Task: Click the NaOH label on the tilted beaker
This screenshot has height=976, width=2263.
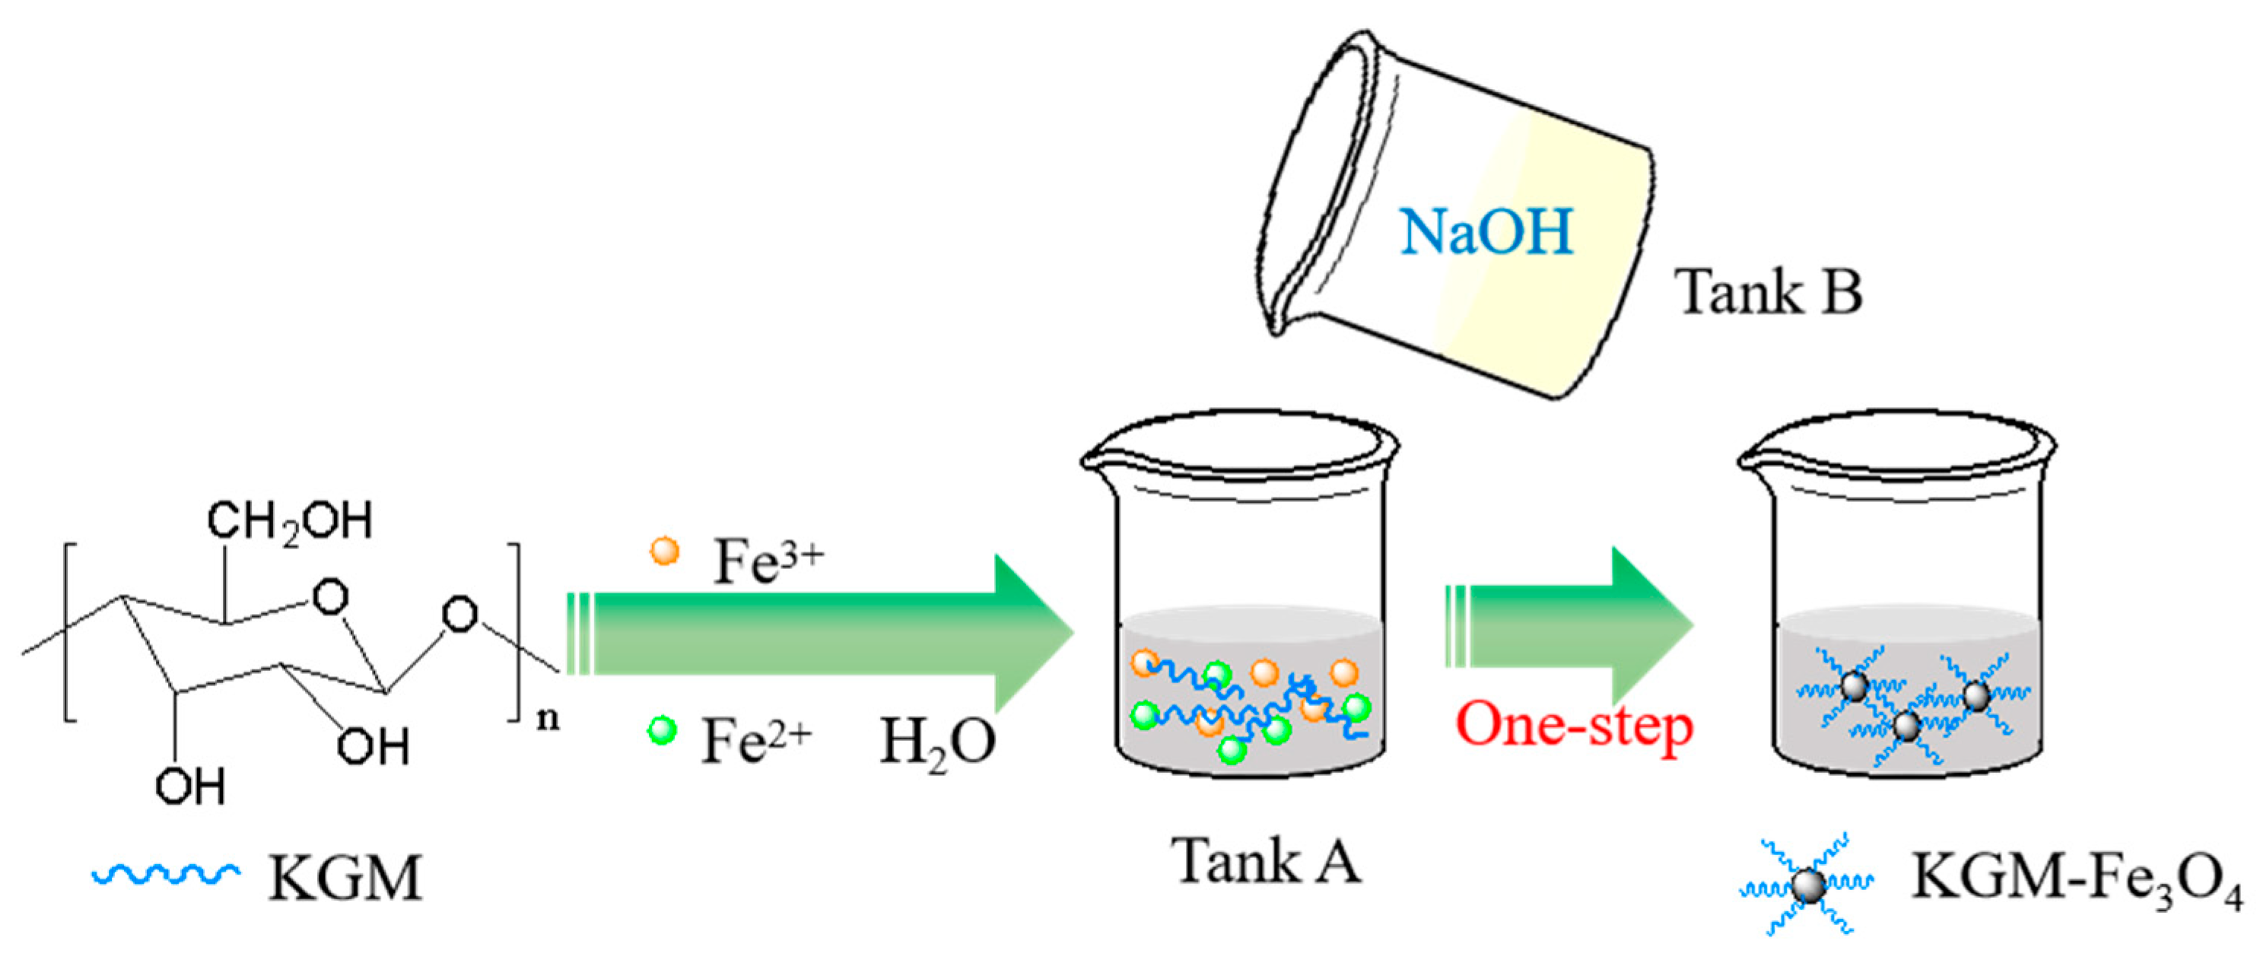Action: pos(1486,232)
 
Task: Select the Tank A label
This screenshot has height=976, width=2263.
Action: pos(1266,860)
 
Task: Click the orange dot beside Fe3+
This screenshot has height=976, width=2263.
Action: pos(664,552)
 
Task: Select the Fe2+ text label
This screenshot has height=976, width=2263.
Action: pos(755,739)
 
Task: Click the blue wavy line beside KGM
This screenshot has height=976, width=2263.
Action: pos(165,874)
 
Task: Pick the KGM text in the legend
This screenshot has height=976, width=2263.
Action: pos(345,878)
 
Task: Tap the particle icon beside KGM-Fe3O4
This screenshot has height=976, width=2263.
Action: pos(1808,885)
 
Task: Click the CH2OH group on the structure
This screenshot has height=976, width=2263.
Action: pos(290,521)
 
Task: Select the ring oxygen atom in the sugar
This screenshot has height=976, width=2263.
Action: pos(330,597)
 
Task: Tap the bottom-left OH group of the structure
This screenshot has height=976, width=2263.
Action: pos(189,787)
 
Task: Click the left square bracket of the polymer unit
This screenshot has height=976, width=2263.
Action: pos(68,632)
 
